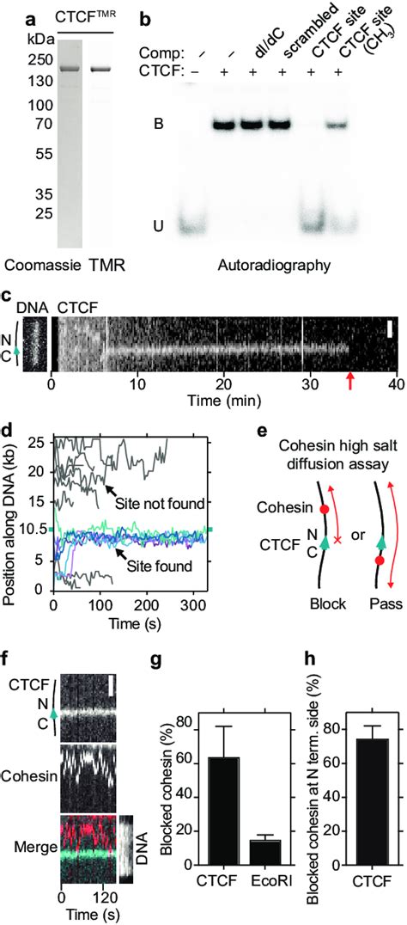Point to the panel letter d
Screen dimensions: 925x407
7,426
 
